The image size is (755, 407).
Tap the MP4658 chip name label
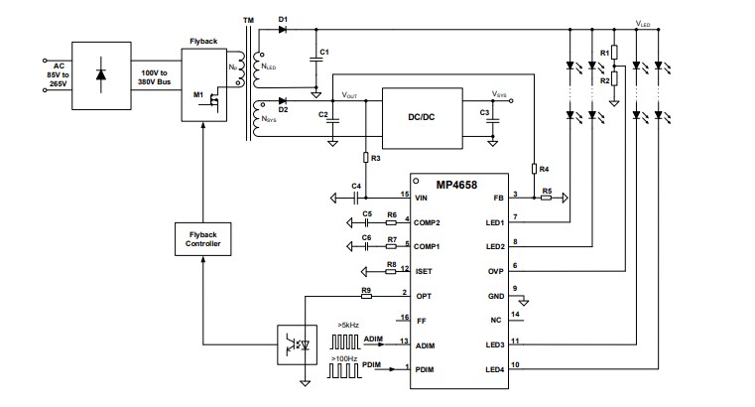(x=456, y=185)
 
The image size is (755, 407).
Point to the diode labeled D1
(x=286, y=30)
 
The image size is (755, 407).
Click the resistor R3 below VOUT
(x=365, y=158)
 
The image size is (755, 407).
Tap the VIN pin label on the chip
(x=420, y=198)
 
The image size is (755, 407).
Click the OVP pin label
(x=494, y=270)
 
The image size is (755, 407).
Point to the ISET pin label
(x=422, y=270)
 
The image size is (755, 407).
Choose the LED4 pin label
(x=494, y=369)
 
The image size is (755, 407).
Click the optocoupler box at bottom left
(x=293, y=344)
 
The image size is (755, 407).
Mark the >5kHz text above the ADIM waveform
(x=349, y=325)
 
